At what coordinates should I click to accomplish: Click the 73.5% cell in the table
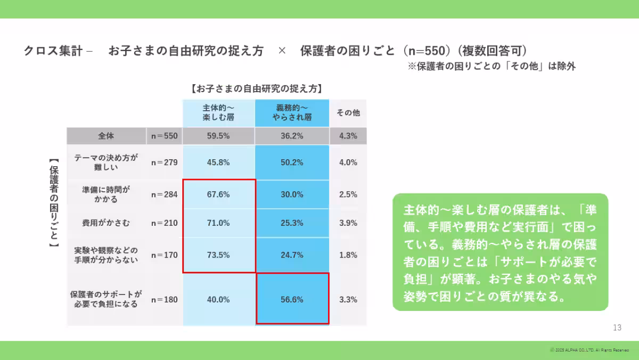pos(218,255)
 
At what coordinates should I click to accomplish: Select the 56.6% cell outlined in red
pos(292,299)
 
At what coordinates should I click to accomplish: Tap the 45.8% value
pos(218,162)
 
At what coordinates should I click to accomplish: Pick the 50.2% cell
pos(292,162)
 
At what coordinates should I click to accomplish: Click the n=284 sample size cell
pos(165,194)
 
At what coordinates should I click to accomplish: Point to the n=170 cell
pos(165,255)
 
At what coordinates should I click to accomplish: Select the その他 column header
pos(348,113)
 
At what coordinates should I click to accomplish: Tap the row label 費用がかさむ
pos(106,223)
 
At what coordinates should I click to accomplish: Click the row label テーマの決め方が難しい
pos(106,162)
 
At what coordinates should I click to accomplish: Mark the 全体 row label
pos(106,136)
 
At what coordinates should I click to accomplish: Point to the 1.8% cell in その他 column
pos(348,255)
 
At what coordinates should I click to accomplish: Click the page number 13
pos(617,328)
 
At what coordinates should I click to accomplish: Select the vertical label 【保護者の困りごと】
pos(53,202)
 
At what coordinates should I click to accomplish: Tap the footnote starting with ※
pos(491,67)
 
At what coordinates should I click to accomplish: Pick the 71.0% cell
pos(218,223)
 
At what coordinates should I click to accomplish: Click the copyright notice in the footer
pos(590,350)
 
